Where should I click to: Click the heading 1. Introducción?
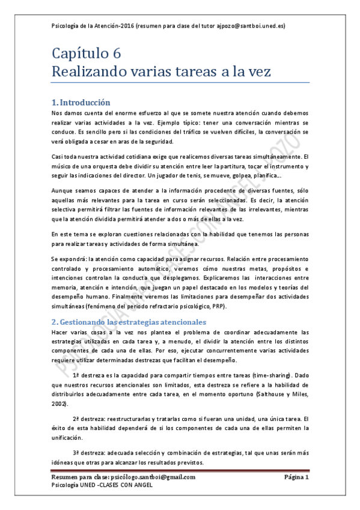[x=81, y=102]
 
